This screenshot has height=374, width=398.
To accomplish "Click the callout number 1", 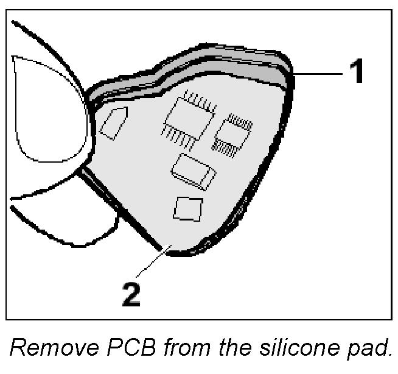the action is pos(357,72).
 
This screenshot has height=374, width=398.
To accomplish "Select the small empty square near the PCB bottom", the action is pos(187,208).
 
